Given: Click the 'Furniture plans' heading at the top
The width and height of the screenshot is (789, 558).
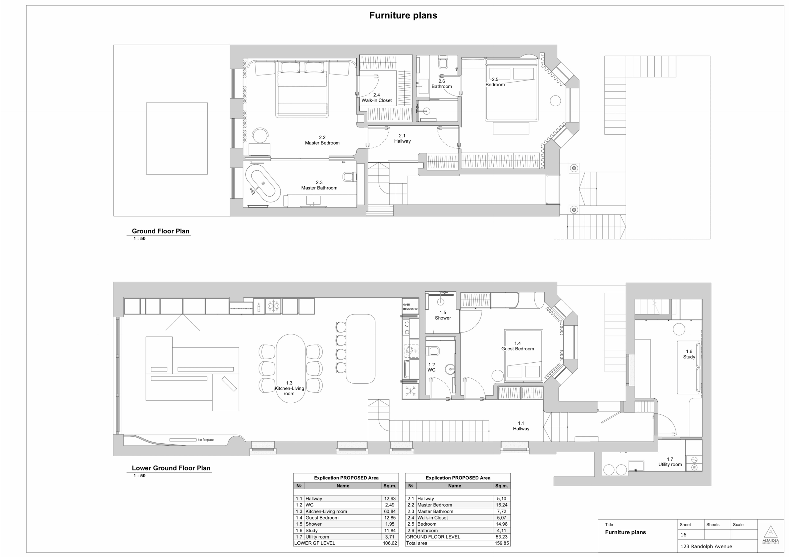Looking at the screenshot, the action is click(403, 15).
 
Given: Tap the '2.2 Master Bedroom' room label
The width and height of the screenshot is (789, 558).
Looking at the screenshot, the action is click(322, 140).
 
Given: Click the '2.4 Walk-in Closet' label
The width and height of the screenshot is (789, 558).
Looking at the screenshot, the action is click(377, 98).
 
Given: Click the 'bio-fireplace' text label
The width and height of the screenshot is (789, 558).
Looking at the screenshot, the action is click(206, 440).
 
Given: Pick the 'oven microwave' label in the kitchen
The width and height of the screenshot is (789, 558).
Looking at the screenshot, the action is click(410, 307).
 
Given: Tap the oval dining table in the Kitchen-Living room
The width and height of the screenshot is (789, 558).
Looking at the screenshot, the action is click(291, 368).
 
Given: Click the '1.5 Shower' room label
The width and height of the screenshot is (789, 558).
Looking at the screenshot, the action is click(443, 315).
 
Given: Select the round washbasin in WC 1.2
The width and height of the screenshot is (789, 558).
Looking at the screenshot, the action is click(450, 369).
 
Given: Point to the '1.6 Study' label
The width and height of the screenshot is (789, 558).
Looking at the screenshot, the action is click(689, 354).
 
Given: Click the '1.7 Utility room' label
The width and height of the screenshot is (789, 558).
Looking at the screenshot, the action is click(670, 462).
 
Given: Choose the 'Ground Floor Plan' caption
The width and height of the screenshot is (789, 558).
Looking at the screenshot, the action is click(161, 231).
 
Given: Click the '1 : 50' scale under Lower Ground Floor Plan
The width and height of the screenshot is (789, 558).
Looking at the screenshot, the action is click(140, 476).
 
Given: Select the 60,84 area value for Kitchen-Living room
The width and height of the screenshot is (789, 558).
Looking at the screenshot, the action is click(390, 511).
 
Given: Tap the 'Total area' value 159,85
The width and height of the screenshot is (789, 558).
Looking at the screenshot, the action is click(501, 543).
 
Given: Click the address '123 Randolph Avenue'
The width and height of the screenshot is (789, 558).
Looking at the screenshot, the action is click(706, 546).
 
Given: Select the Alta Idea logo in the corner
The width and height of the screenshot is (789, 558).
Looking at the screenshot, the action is click(771, 535).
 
